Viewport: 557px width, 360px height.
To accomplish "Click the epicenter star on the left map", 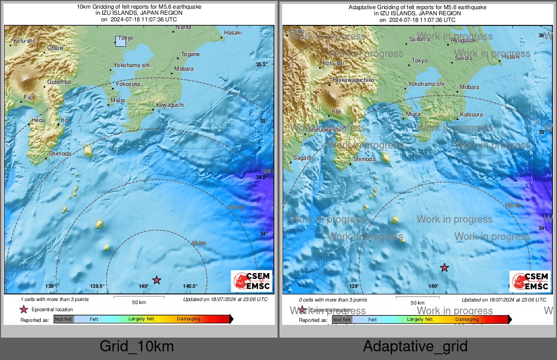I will point(157,280).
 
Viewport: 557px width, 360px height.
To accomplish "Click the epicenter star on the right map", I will point(445,267).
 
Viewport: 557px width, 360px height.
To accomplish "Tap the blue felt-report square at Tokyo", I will point(120,41).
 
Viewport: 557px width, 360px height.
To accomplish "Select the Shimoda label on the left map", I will point(60,153).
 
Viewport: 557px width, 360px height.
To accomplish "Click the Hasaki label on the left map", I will point(233,33).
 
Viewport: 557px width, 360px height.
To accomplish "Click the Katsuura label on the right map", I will point(471,114).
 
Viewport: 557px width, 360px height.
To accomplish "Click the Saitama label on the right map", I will point(420,39).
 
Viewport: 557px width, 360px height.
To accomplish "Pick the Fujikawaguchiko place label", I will point(353,80).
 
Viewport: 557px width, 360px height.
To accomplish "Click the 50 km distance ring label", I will point(199,244).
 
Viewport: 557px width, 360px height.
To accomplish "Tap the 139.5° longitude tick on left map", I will point(97,286).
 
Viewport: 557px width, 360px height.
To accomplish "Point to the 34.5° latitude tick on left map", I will point(261,177).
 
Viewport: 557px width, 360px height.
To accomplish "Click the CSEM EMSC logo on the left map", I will point(252,281).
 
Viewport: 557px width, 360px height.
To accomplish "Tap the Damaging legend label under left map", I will point(189,319).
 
